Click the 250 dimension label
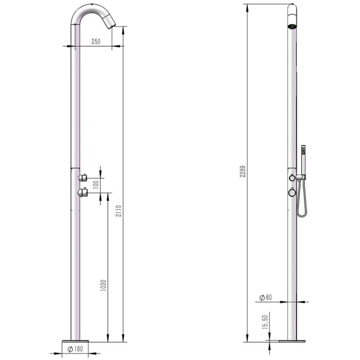pyautogui.click(x=96, y=42)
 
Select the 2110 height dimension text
pyautogui.click(x=119, y=211)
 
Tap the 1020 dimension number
pyautogui.click(x=103, y=286)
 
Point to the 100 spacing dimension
pyautogui.click(x=96, y=185)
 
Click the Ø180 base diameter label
pyautogui.click(x=75, y=349)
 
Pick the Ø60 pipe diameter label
pyautogui.click(x=265, y=298)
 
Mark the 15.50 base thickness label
pyautogui.click(x=265, y=322)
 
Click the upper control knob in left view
pyautogui.click(x=83, y=177)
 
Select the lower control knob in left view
pyautogui.click(x=83, y=192)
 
